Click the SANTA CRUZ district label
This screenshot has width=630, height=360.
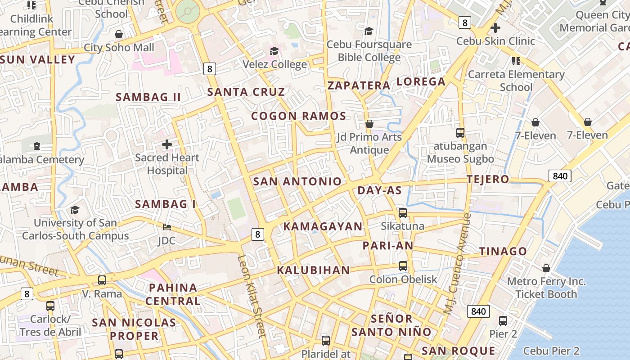click(246, 92)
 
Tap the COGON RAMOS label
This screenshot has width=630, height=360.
click(299, 116)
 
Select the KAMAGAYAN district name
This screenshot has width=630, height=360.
click(323, 226)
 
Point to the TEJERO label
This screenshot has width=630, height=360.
click(488, 179)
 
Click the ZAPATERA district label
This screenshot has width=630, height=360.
click(359, 85)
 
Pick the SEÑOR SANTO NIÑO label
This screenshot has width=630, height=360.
click(391, 325)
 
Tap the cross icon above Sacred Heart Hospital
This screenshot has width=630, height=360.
click(167, 144)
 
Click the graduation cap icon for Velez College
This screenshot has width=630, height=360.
click(274, 51)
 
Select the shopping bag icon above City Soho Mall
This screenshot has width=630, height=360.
click(119, 34)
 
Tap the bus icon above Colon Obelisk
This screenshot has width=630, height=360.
click(403, 266)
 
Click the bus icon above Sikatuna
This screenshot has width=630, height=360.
click(403, 213)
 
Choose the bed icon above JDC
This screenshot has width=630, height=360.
click(167, 227)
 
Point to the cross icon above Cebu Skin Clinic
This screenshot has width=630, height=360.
click(495, 28)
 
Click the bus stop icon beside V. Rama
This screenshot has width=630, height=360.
click(102, 280)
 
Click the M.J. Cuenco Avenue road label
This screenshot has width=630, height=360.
click(457, 263)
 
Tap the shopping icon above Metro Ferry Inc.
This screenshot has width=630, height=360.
click(546, 268)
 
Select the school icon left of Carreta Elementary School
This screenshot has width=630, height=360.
click(516, 61)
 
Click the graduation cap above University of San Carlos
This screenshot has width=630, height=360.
click(75, 210)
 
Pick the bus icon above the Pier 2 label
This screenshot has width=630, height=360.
click(503, 321)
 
